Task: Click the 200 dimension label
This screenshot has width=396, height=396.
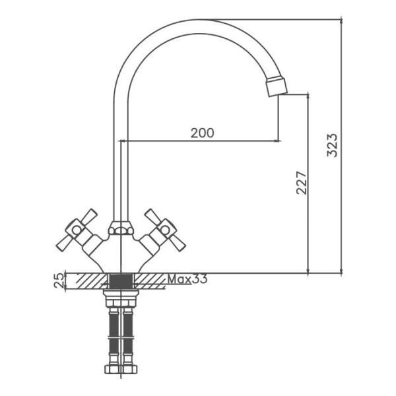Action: tap(202, 133)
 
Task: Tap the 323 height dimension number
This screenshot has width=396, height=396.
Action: tap(332, 145)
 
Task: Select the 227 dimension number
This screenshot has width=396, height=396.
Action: tap(302, 183)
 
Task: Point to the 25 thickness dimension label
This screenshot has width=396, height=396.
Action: tap(59, 281)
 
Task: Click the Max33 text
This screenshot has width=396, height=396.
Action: tap(187, 279)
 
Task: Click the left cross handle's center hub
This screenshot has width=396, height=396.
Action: tap(76, 230)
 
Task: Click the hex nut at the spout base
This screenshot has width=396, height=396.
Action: tap(121, 228)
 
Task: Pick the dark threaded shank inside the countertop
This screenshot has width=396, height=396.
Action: tap(121, 280)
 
